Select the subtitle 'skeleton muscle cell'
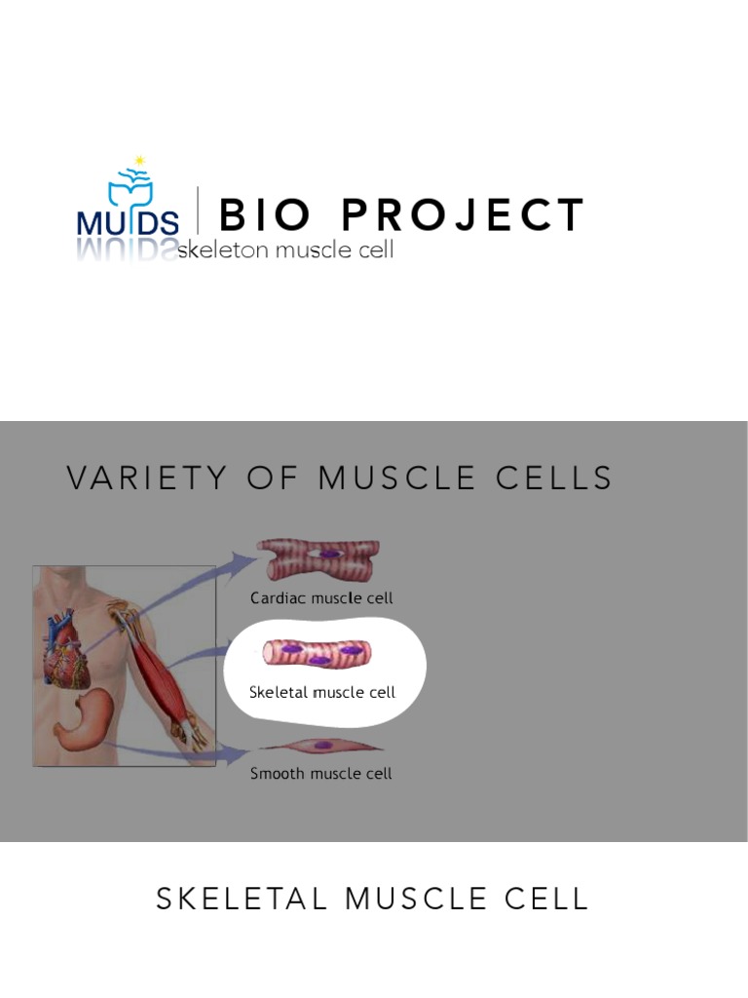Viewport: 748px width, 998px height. click(x=285, y=250)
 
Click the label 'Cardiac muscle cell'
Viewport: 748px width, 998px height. click(x=321, y=598)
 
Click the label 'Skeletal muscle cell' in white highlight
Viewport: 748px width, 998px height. click(x=322, y=692)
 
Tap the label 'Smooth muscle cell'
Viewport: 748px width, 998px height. click(x=321, y=774)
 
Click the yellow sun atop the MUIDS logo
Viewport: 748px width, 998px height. click(x=140, y=160)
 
